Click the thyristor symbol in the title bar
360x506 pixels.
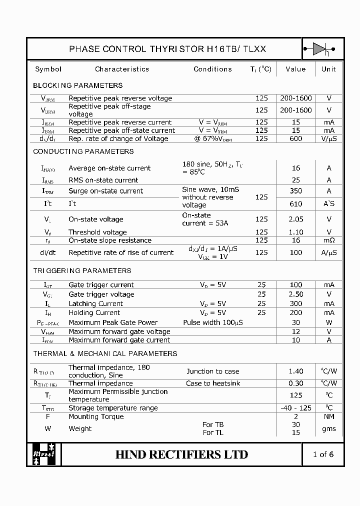tap(319, 49)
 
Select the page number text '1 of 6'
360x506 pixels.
tap(323, 454)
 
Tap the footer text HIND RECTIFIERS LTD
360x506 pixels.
tap(181, 454)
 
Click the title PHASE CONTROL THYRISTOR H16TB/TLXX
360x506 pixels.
tap(167, 49)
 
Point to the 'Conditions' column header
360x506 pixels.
tap(212, 69)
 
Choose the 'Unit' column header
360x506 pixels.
tap(328, 69)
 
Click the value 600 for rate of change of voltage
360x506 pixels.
tap(295, 138)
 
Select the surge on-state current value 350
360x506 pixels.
tap(295, 191)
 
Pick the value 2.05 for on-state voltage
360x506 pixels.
tap(295, 219)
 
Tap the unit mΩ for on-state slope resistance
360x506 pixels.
tap(329, 240)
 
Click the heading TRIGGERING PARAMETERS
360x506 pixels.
tap(82, 270)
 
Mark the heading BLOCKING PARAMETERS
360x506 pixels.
tap(77, 85)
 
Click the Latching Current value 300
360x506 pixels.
tap(295, 303)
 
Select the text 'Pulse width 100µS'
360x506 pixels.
tap(213, 322)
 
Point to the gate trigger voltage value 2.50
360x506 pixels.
tap(295, 294)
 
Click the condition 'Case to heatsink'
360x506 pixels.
tap(213, 383)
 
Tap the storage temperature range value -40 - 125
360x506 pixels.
tap(296, 408)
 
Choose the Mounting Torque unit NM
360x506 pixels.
tap(329, 416)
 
